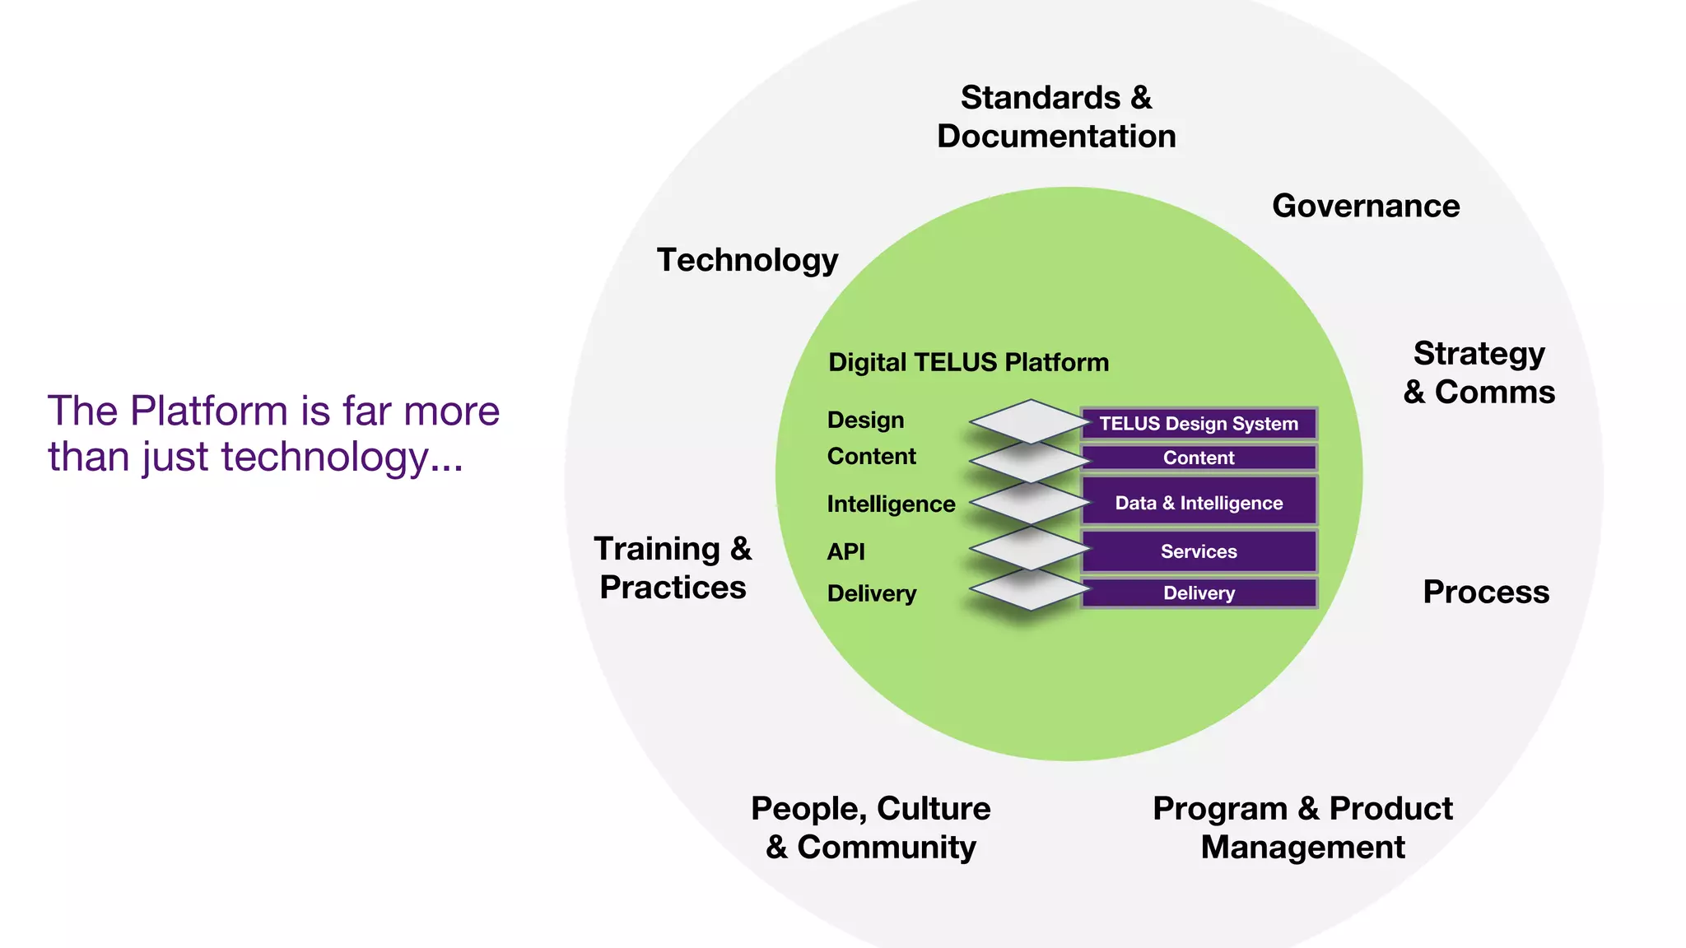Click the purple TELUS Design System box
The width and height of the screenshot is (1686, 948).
tap(1199, 424)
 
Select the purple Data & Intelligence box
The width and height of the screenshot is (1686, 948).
tap(1199, 502)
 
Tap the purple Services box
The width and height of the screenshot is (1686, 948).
tap(1199, 551)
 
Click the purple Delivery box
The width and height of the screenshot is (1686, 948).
tap(1199, 593)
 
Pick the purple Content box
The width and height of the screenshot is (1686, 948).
tap(1199, 458)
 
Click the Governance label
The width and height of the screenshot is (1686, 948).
tap(1366, 206)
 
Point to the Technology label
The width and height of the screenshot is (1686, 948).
tap(748, 260)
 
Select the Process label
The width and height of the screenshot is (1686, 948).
tap(1486, 592)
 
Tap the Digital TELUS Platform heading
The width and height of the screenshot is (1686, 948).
tap(968, 362)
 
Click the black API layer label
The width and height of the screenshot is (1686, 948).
tap(845, 551)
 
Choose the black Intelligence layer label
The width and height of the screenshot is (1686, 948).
tap(891, 504)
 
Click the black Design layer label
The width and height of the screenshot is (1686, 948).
tap(865, 420)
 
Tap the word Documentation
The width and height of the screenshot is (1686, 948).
tap(1056, 137)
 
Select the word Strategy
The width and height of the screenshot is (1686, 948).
tap(1479, 354)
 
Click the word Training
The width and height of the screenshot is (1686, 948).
tap(657, 549)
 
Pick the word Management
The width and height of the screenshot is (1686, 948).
tap(1302, 847)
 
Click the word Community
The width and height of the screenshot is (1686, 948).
tap(887, 847)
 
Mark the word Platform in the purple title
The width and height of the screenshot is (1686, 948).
tap(208, 411)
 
